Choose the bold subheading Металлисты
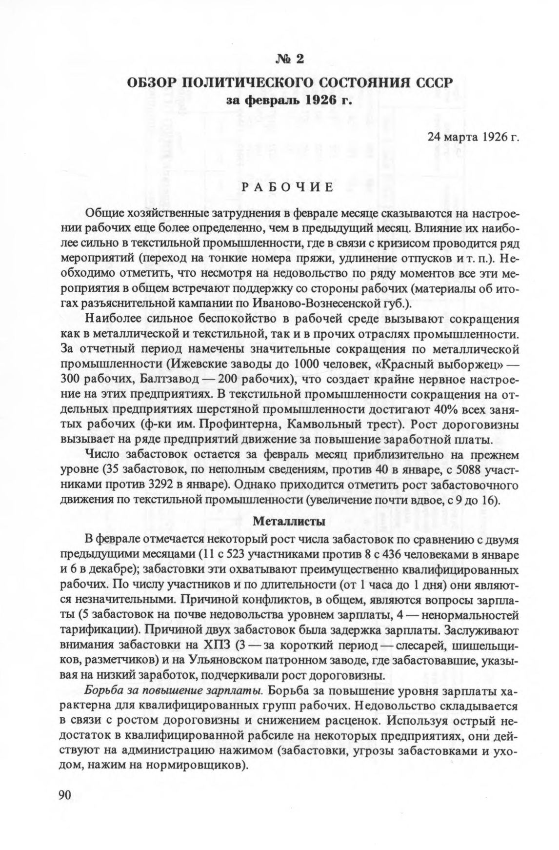(289, 521)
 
